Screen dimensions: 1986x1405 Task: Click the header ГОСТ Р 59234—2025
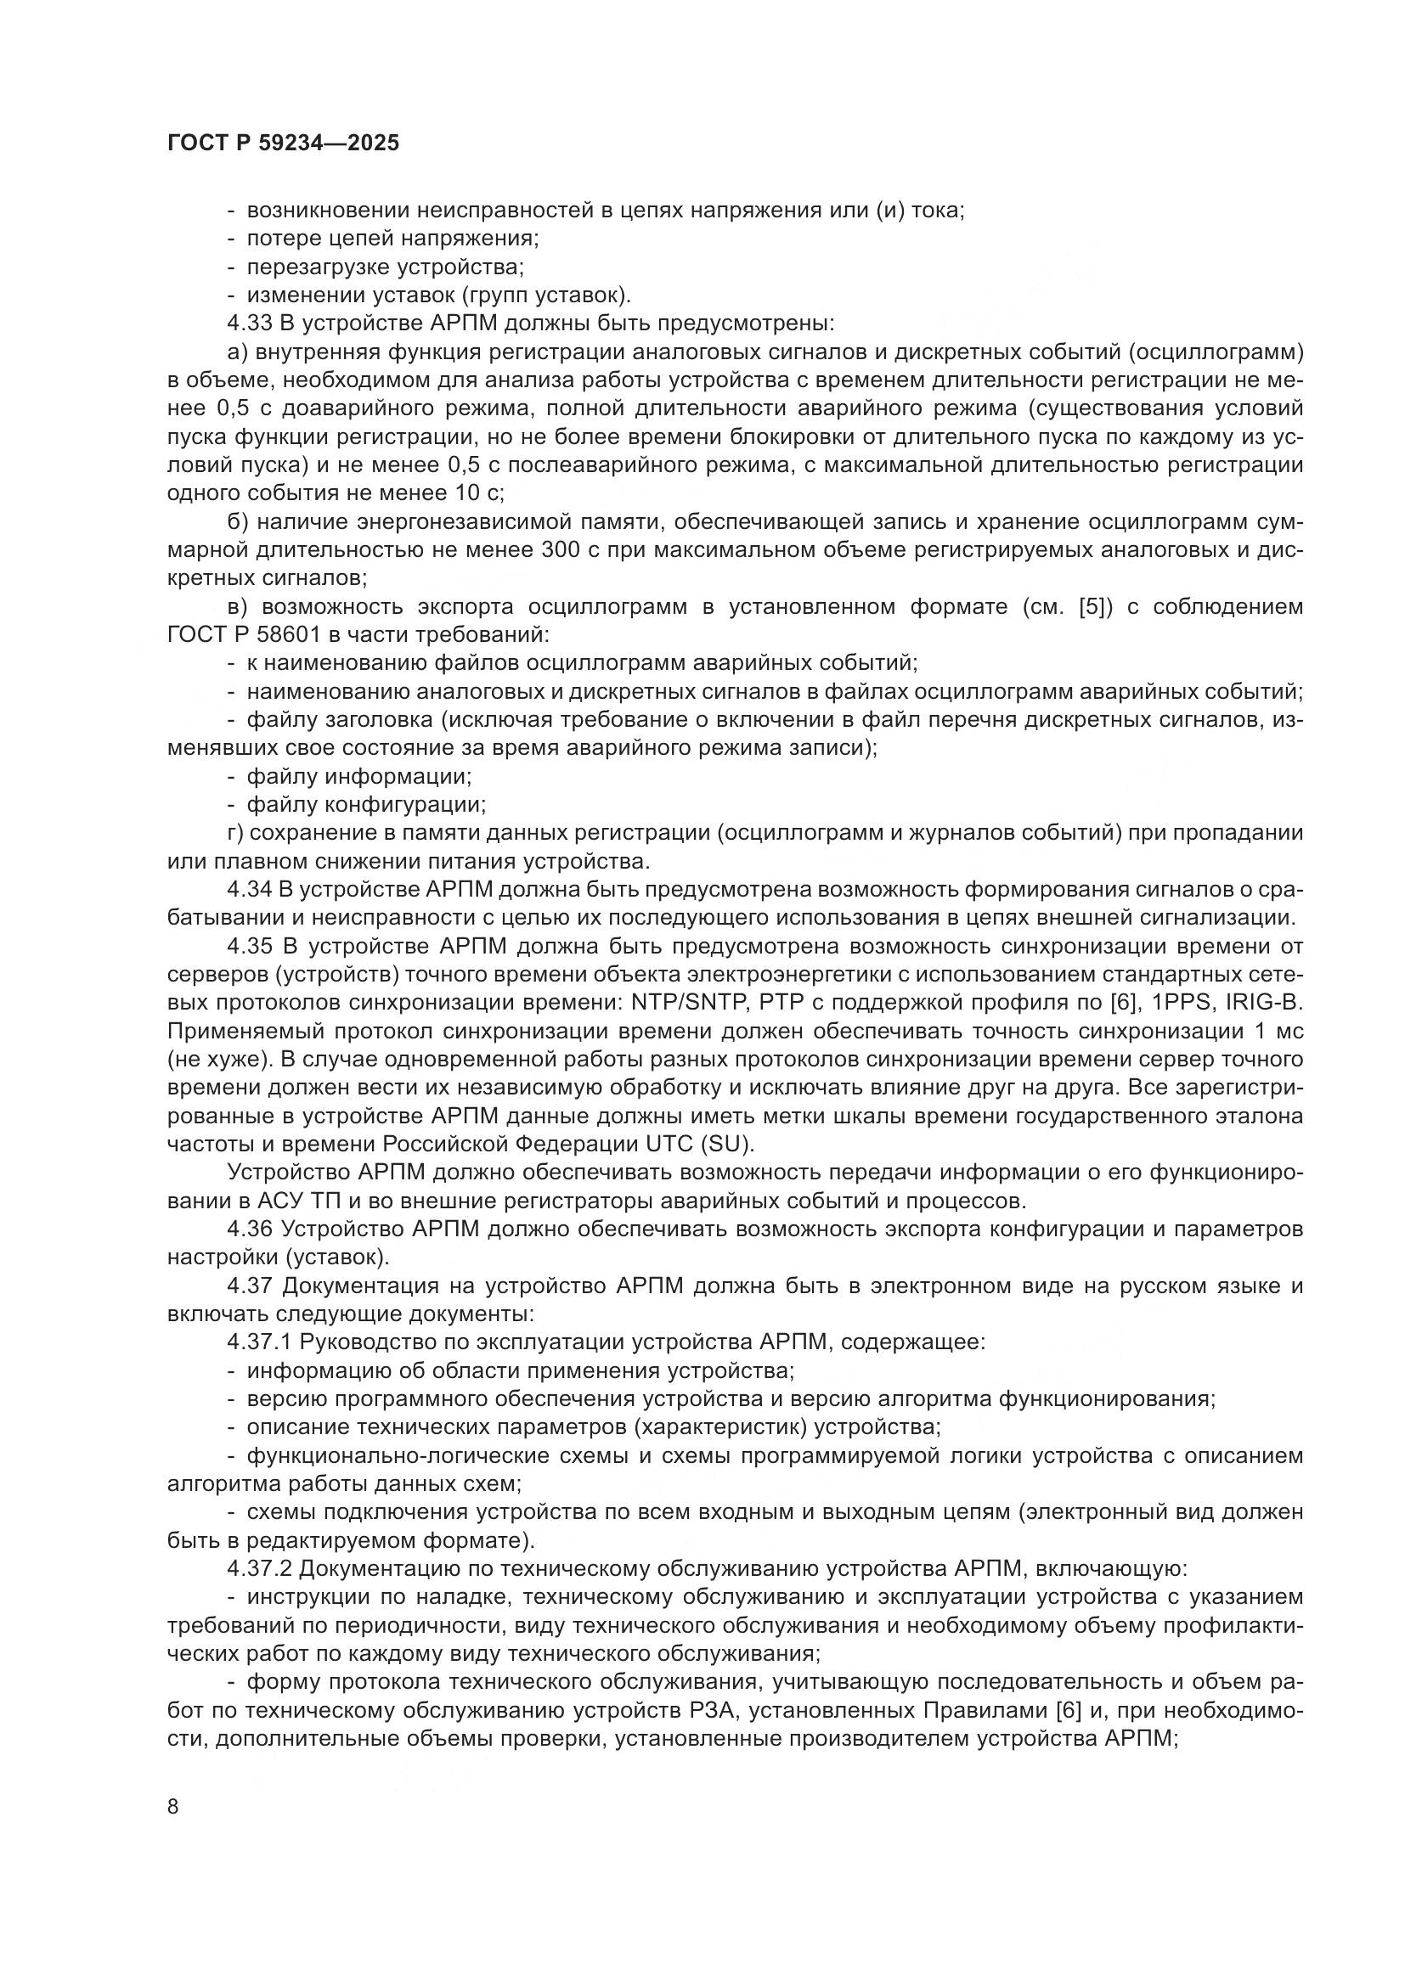tap(283, 143)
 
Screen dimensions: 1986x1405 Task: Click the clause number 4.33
tap(249, 323)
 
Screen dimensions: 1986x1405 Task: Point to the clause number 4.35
tap(249, 946)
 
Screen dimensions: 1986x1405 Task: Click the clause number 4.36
tap(249, 1229)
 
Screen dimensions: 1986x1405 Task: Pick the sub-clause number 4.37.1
tap(258, 1342)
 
